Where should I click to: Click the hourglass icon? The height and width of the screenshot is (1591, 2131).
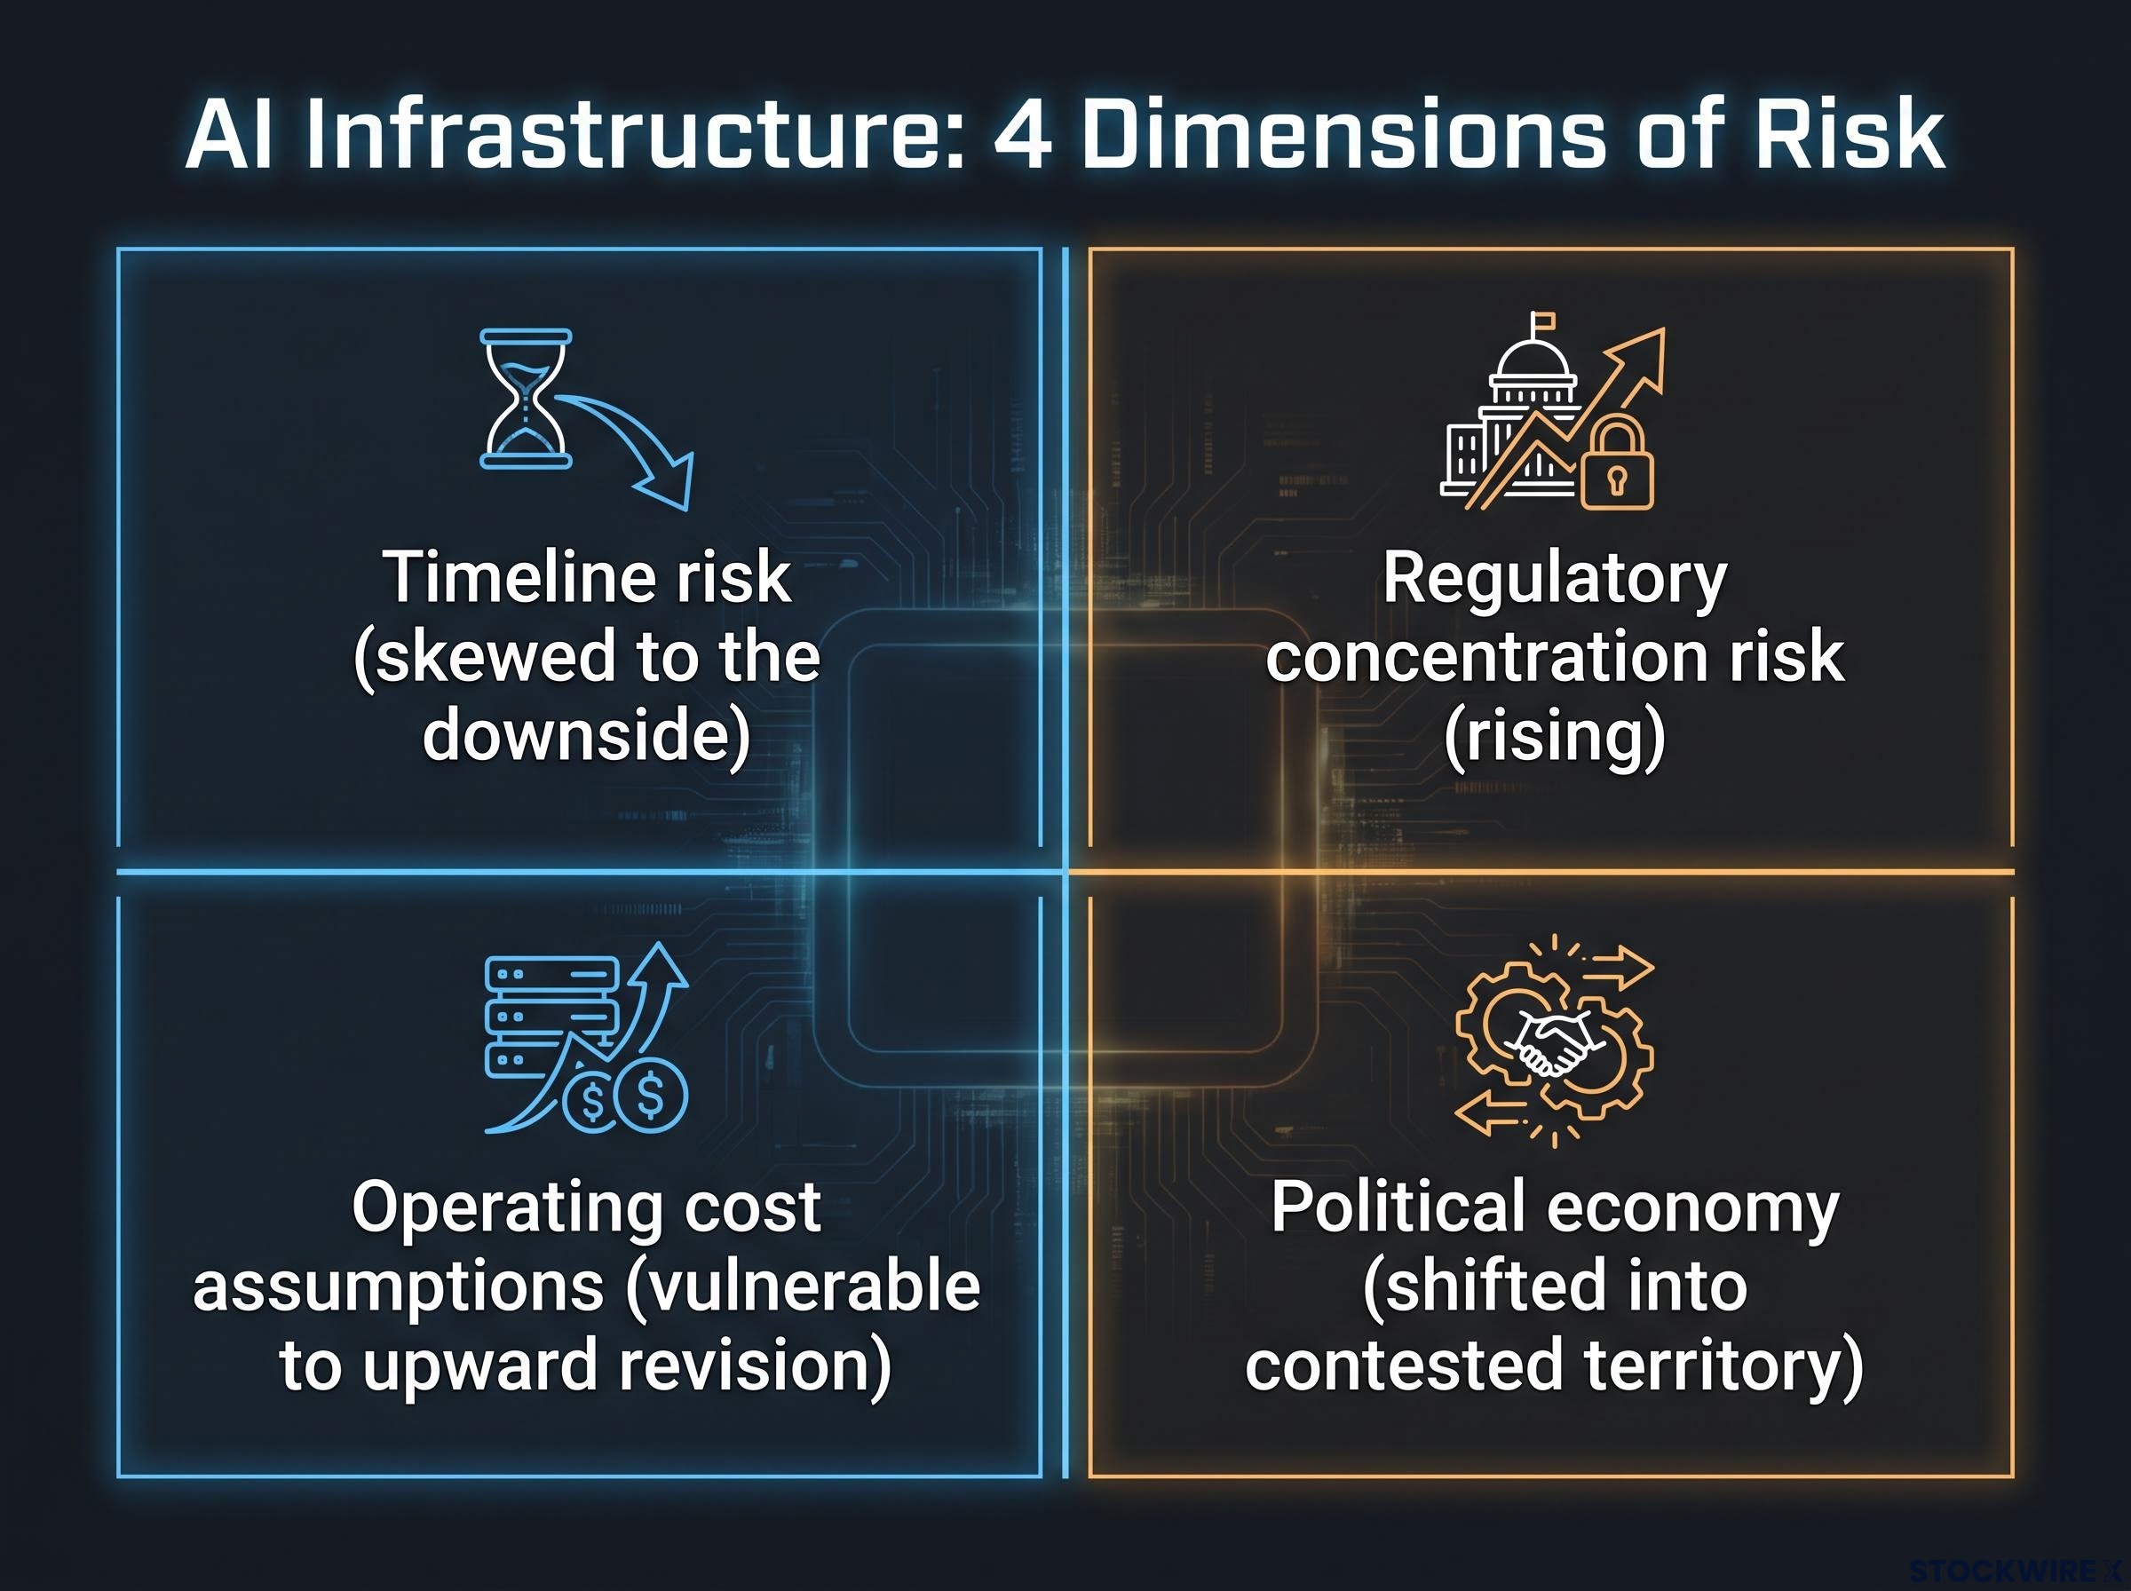tap(526, 399)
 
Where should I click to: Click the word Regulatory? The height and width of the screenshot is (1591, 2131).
tap(1555, 580)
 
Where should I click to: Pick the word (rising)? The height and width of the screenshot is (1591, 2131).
tap(1555, 738)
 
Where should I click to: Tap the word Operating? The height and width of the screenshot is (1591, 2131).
tap(509, 1207)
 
